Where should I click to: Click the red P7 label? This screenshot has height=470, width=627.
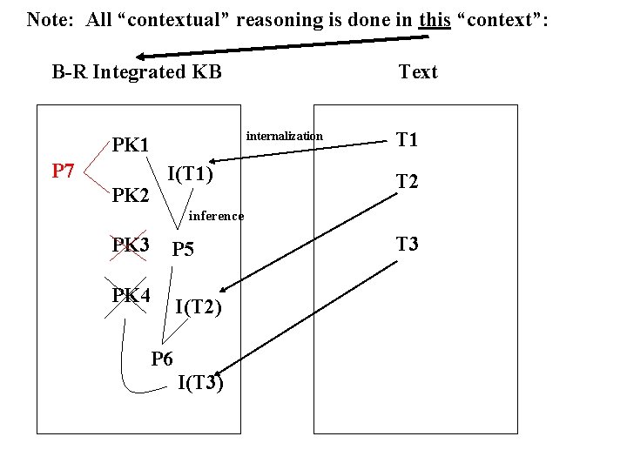62,171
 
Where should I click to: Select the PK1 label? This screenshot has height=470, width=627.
130,144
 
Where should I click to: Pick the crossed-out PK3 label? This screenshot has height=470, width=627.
130,245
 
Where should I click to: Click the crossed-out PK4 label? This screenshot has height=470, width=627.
131,295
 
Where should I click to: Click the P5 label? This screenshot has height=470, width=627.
183,250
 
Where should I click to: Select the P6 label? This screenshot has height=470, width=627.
162,358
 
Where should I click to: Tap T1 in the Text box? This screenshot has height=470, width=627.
407,140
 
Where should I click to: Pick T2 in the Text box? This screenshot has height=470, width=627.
407,181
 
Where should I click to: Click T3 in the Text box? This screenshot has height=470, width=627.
407,244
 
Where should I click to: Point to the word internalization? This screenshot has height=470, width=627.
285,136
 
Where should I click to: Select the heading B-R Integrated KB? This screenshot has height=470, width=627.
137,71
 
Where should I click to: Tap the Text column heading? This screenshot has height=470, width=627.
418,71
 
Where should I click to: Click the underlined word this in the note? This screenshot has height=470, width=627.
435,18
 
